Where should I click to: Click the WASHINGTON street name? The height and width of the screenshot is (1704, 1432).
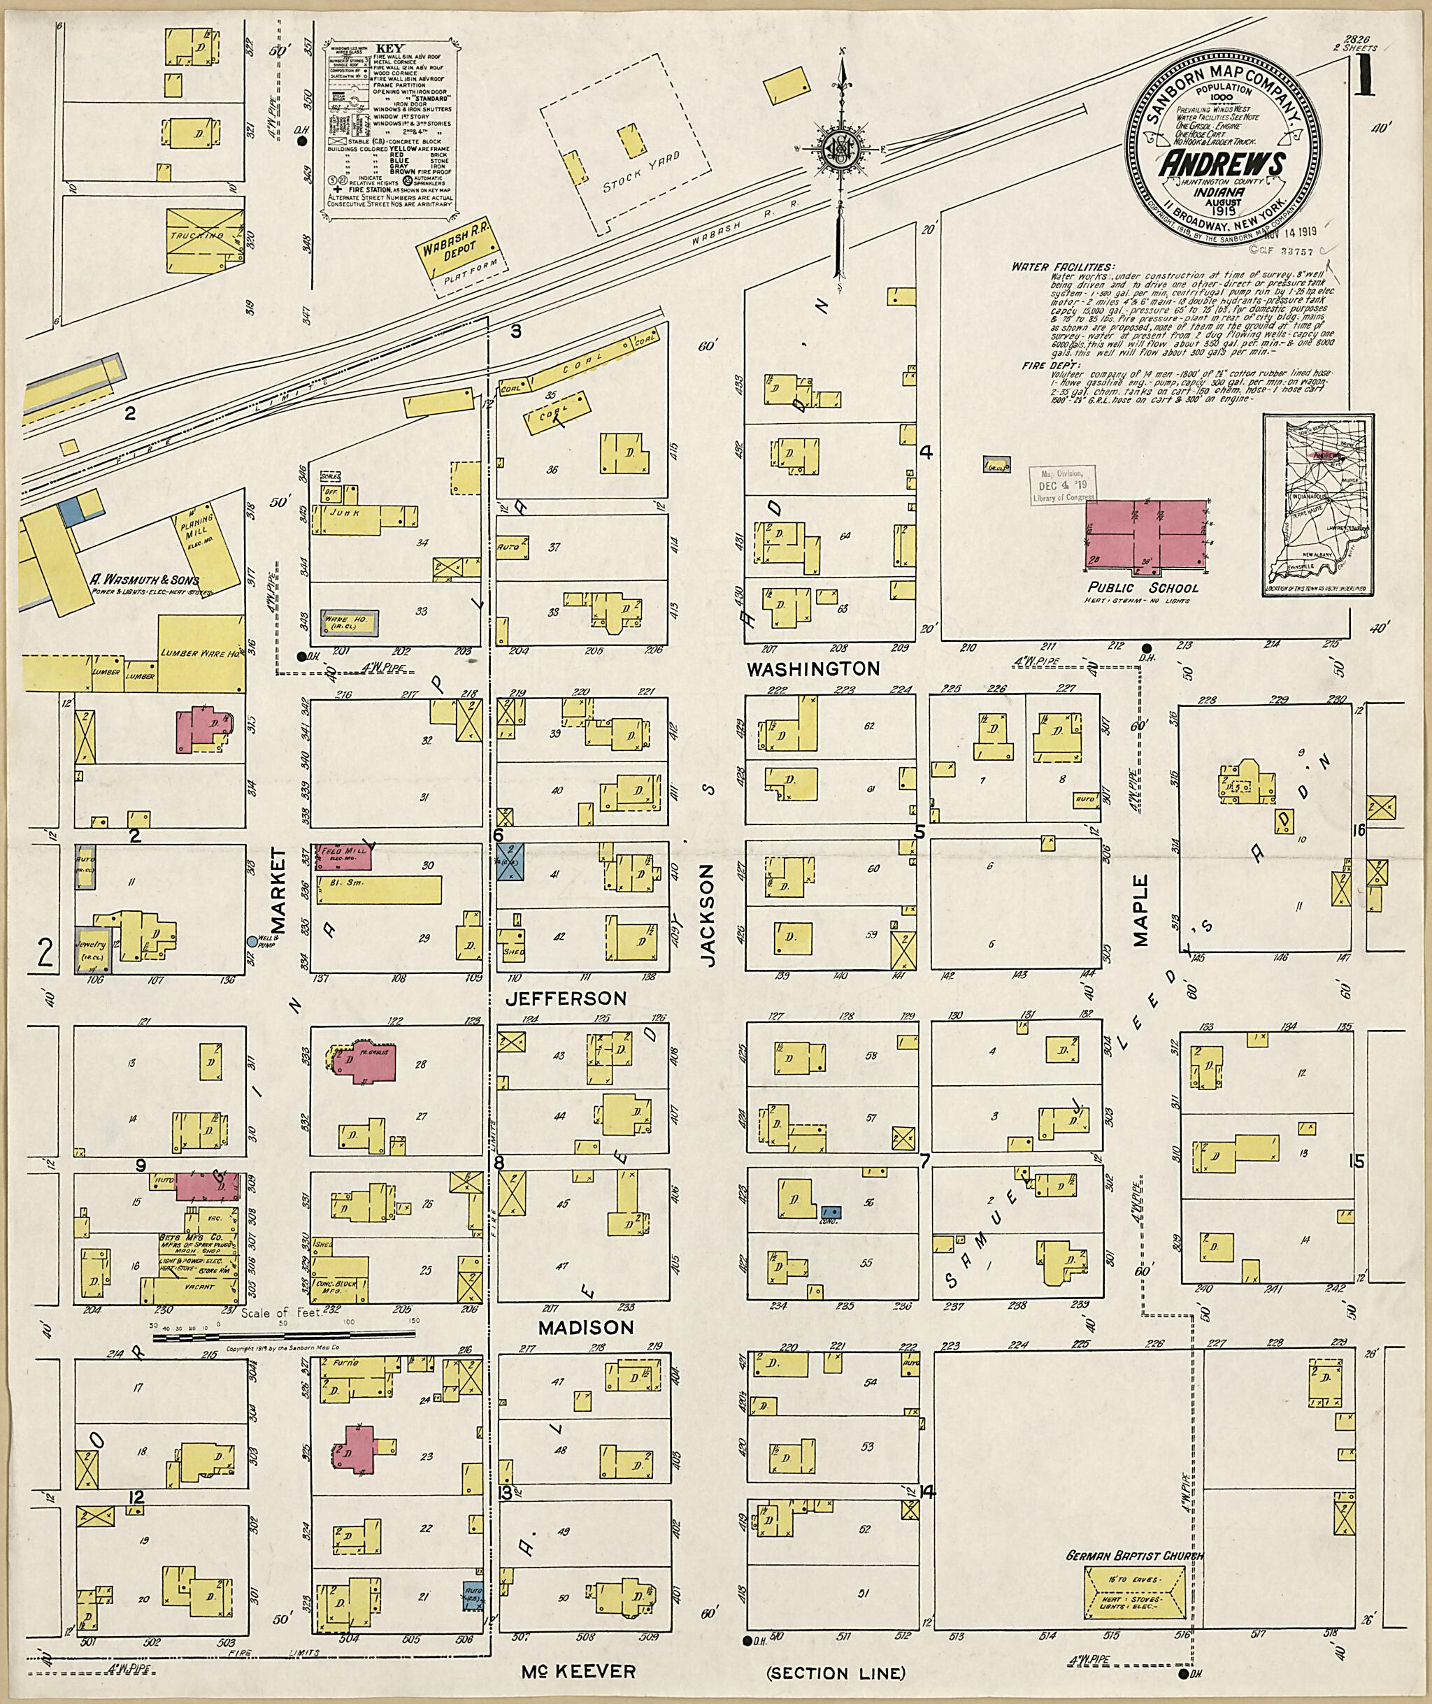(x=812, y=669)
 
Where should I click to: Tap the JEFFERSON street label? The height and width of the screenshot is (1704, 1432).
(x=566, y=998)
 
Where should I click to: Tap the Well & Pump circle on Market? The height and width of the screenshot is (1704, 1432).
(x=252, y=941)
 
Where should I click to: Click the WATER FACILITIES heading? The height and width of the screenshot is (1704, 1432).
(x=1063, y=266)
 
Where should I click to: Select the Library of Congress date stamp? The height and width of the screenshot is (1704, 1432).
(x=1062, y=485)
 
